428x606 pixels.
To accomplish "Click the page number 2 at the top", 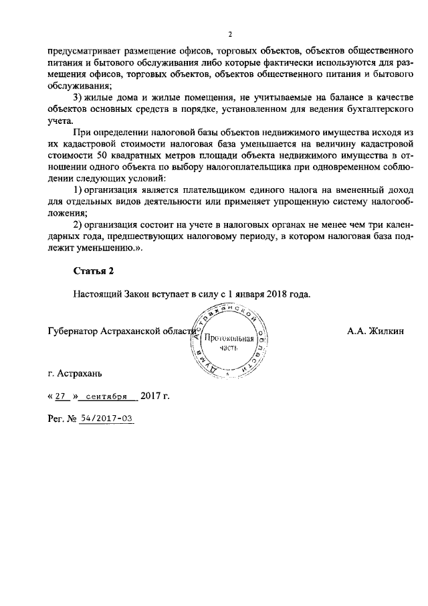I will tap(229, 34).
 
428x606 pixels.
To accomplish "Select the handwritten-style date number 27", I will tap(63, 396).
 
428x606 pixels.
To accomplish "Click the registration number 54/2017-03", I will tap(106, 419).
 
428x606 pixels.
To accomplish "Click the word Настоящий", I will tap(98, 294).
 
